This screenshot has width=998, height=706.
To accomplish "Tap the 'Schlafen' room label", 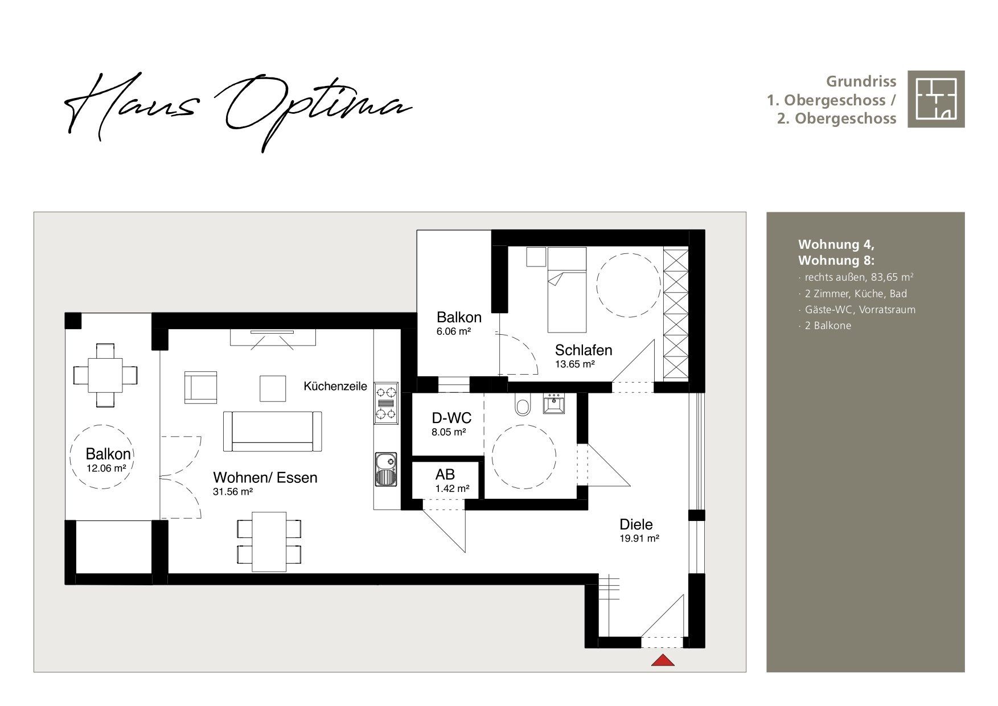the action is tap(584, 350).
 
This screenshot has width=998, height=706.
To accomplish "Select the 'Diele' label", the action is tap(636, 524).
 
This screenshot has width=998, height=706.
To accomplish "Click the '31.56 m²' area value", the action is tap(233, 492).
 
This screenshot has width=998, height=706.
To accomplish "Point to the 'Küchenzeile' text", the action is tap(335, 387).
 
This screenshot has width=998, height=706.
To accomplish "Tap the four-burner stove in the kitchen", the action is tap(386, 403).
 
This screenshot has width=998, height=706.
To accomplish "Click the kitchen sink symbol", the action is tap(386, 469).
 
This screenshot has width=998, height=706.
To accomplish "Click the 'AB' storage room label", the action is tap(445, 475).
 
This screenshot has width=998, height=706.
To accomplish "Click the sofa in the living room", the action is tap(272, 431).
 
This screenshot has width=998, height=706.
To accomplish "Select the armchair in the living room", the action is tap(200, 387).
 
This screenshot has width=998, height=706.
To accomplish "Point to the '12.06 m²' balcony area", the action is tap(106, 468).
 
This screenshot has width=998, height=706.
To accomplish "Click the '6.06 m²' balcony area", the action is tap(454, 331).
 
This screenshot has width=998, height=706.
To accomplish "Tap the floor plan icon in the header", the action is tap(936, 99).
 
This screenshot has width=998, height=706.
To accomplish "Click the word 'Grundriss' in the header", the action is tap(861, 81).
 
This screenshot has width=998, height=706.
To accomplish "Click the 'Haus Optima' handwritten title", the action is tap(238, 111).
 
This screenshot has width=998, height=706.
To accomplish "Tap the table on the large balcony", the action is tap(106, 375).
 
